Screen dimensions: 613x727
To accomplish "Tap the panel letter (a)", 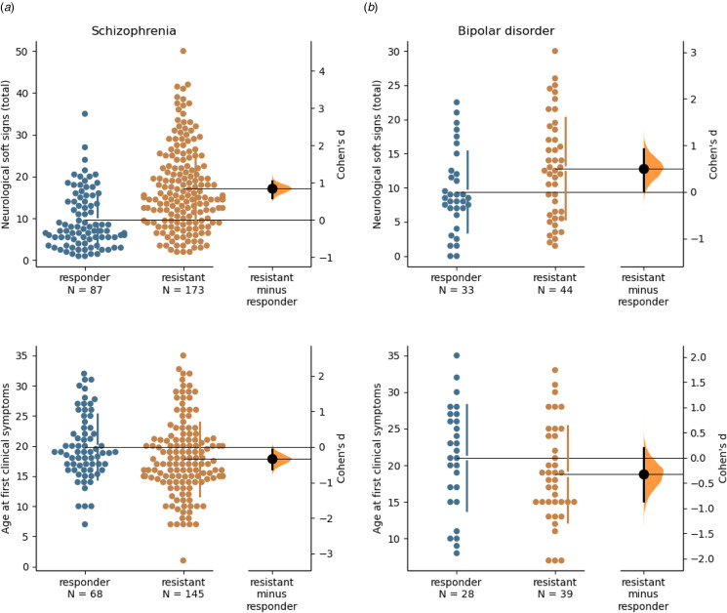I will point(11,8).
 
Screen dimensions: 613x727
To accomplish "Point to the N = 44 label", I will point(553,289).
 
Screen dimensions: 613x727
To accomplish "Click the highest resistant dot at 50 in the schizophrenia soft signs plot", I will point(182,51).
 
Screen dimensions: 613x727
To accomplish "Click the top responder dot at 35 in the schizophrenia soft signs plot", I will point(85,114).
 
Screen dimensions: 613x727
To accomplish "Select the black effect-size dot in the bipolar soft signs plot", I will point(644,169).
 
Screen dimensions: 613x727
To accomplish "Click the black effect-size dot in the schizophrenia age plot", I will point(273,459).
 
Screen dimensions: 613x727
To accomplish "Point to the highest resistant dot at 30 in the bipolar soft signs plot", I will point(553,51).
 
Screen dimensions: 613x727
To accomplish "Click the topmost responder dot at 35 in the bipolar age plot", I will point(455,355).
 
